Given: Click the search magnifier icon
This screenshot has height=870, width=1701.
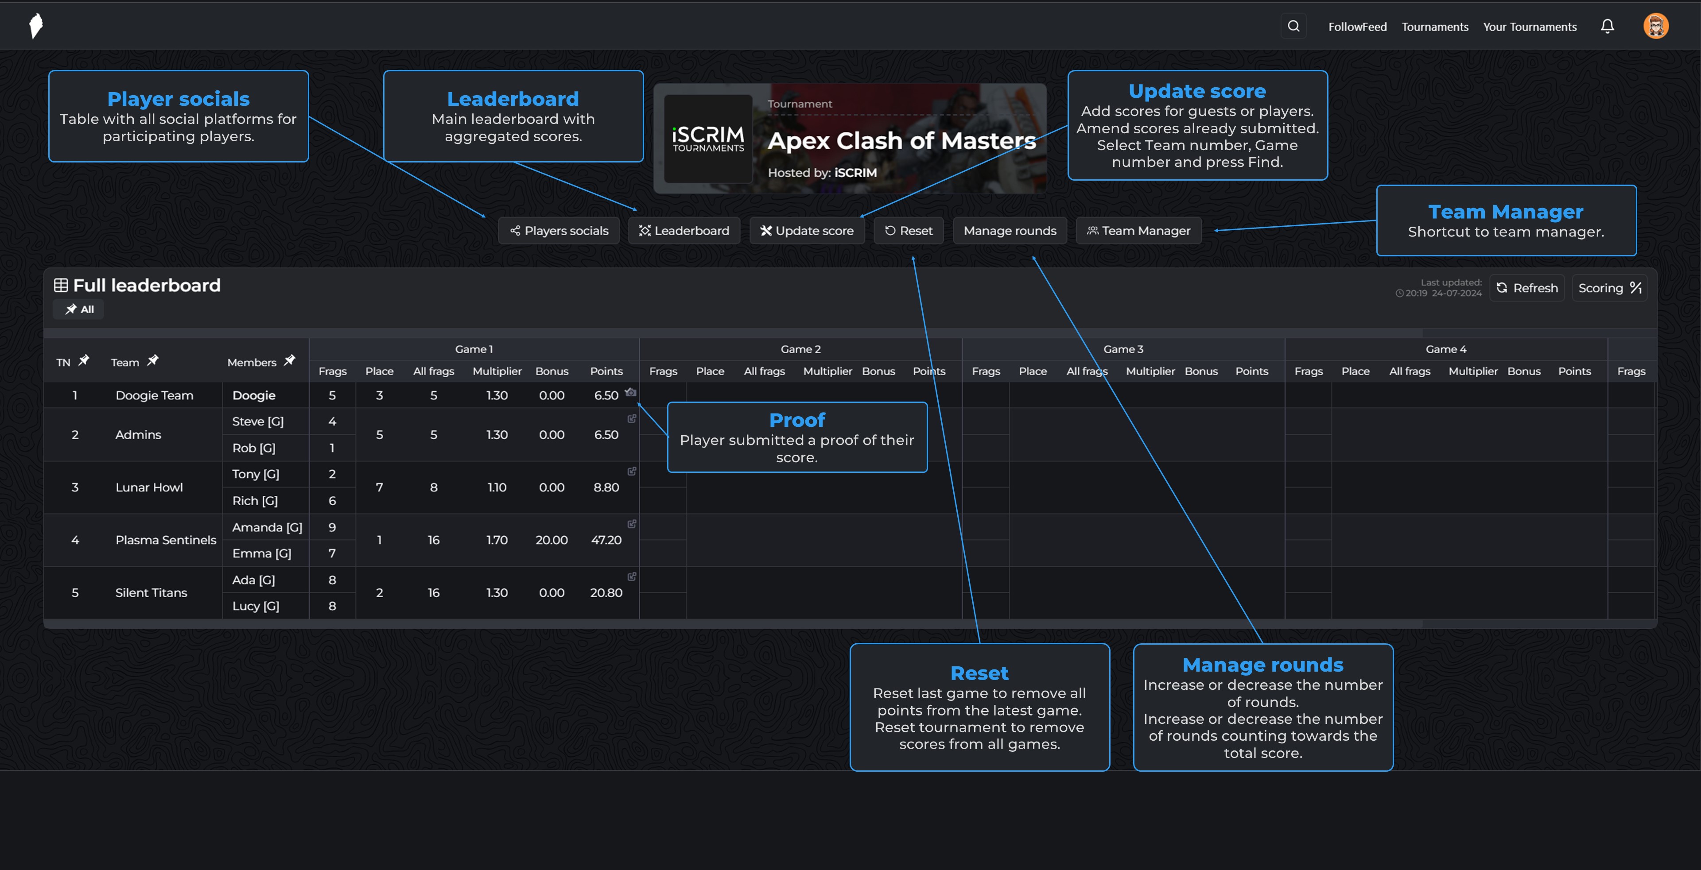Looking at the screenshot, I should click(1293, 27).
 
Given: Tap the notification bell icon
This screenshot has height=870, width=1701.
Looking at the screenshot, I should click(1607, 27).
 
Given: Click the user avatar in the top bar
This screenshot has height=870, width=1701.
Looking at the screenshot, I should click(1655, 27).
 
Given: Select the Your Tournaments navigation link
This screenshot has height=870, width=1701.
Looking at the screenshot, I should click(1529, 27).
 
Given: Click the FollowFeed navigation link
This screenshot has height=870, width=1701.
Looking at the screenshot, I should click(1357, 27).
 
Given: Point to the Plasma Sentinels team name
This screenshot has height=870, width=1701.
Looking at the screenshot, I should click(166, 540).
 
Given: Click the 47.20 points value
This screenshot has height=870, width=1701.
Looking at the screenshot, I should click(606, 540).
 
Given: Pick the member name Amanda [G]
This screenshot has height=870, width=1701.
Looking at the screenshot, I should click(267, 527).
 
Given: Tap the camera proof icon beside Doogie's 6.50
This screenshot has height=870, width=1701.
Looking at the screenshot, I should click(631, 392).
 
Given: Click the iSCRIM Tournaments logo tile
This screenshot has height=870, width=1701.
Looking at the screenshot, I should click(708, 139).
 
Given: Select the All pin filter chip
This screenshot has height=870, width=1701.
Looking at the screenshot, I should click(79, 309).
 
